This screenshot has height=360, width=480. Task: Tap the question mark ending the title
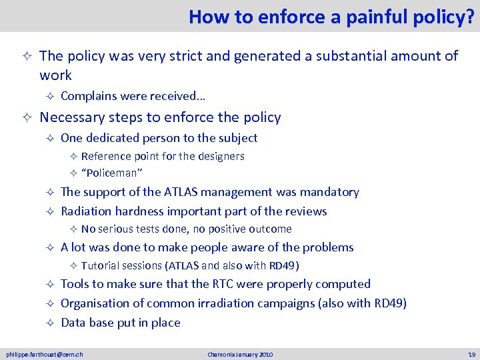pos(471,17)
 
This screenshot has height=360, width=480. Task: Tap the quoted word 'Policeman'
pos(112,173)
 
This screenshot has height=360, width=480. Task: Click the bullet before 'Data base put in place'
pos(50,323)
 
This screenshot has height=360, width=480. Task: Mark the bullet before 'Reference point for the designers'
pos(74,157)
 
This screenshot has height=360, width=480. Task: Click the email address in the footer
pos(45,354)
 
